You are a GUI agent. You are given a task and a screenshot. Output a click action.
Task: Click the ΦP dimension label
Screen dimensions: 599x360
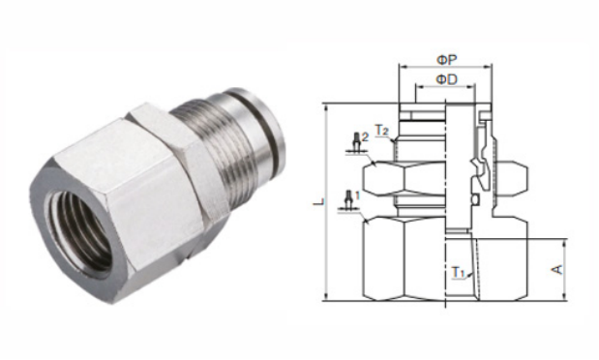[x=446, y=60]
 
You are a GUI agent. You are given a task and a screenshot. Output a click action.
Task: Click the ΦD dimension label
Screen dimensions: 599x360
[x=446, y=79]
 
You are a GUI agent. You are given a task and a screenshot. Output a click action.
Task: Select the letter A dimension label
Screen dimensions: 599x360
[x=558, y=269]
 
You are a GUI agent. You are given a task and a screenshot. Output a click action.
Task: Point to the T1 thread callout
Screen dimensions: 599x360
[x=458, y=273]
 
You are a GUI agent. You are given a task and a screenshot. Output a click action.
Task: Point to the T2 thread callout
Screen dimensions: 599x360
[x=381, y=131]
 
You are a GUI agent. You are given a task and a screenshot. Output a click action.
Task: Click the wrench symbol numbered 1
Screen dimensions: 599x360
[x=348, y=201]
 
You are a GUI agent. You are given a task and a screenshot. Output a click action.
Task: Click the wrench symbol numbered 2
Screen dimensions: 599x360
[x=357, y=143]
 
